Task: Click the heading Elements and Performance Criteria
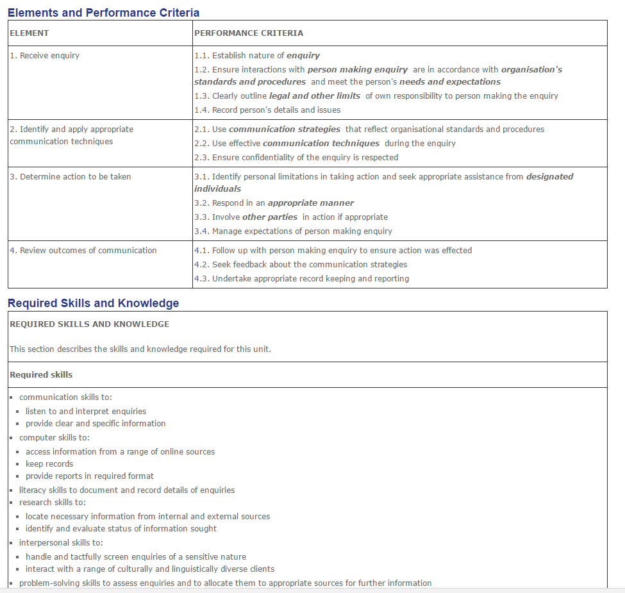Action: (103, 13)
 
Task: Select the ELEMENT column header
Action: (29, 33)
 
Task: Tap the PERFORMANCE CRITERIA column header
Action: (249, 33)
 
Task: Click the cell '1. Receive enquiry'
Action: (45, 56)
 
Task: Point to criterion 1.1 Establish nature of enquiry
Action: (257, 56)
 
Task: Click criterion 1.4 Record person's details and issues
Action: (267, 110)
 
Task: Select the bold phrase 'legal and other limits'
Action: (314, 96)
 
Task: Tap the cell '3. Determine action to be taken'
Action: (71, 177)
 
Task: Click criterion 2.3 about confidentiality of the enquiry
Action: (296, 158)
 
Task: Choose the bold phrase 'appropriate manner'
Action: (310, 203)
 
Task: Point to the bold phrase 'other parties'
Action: (269, 217)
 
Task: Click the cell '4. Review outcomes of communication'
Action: (83, 251)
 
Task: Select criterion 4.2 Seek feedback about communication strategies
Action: (301, 265)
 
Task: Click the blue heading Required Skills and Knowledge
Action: (94, 303)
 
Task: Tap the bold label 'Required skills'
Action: (41, 375)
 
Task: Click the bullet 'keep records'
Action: (49, 464)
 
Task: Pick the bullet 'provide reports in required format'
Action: (90, 476)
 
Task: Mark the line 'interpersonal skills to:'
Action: (61, 543)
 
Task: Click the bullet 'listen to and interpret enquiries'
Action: (86, 412)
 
